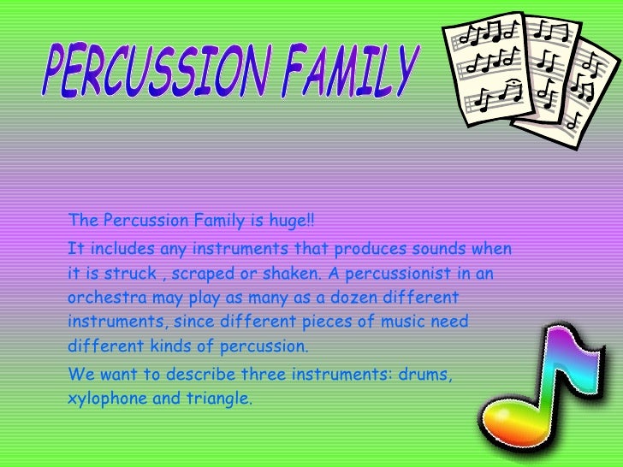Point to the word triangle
click(222, 399)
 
